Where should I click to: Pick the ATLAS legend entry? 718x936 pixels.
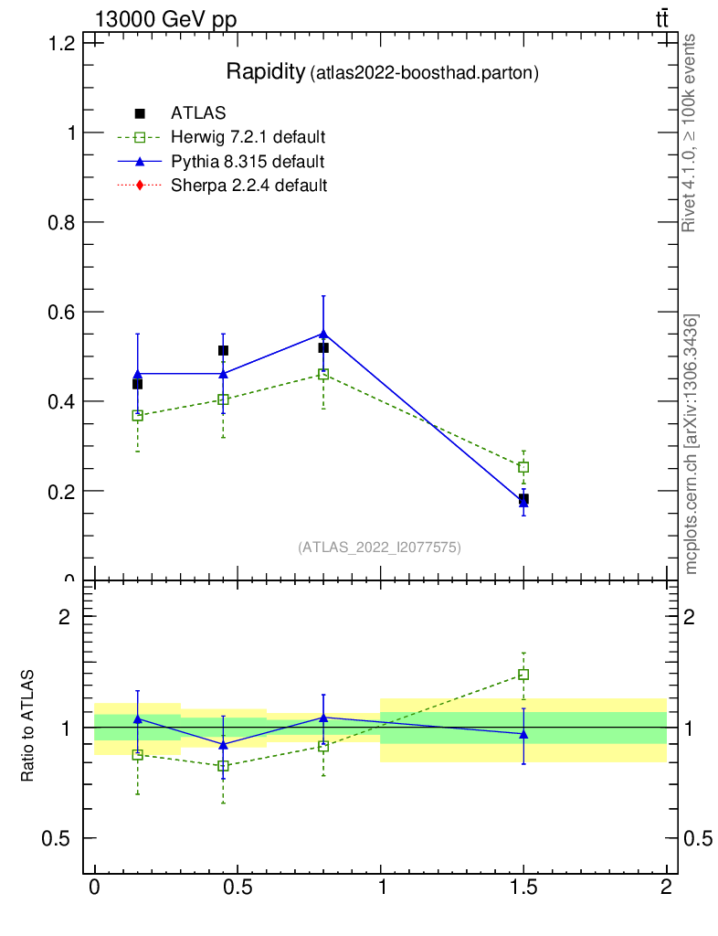(198, 113)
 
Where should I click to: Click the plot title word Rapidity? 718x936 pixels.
(266, 72)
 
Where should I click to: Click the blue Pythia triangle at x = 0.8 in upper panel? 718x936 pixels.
(323, 334)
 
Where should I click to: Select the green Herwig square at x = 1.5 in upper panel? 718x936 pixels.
(523, 467)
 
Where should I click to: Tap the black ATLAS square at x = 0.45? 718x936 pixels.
(223, 350)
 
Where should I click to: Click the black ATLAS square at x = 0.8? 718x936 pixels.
(323, 347)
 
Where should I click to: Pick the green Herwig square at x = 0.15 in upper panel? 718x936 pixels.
(138, 415)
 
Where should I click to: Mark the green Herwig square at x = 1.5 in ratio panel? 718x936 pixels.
(523, 675)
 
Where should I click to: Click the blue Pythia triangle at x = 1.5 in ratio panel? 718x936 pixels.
(523, 734)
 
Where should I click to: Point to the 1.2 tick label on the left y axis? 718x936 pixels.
(61, 43)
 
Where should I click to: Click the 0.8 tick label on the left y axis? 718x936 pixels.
(61, 222)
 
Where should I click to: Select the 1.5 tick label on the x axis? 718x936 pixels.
(523, 887)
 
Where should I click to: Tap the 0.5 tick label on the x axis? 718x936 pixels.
(238, 887)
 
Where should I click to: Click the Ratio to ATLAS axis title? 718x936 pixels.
(28, 727)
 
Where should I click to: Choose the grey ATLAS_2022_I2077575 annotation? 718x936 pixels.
(379, 547)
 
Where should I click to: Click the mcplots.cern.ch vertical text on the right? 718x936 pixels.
(692, 444)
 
